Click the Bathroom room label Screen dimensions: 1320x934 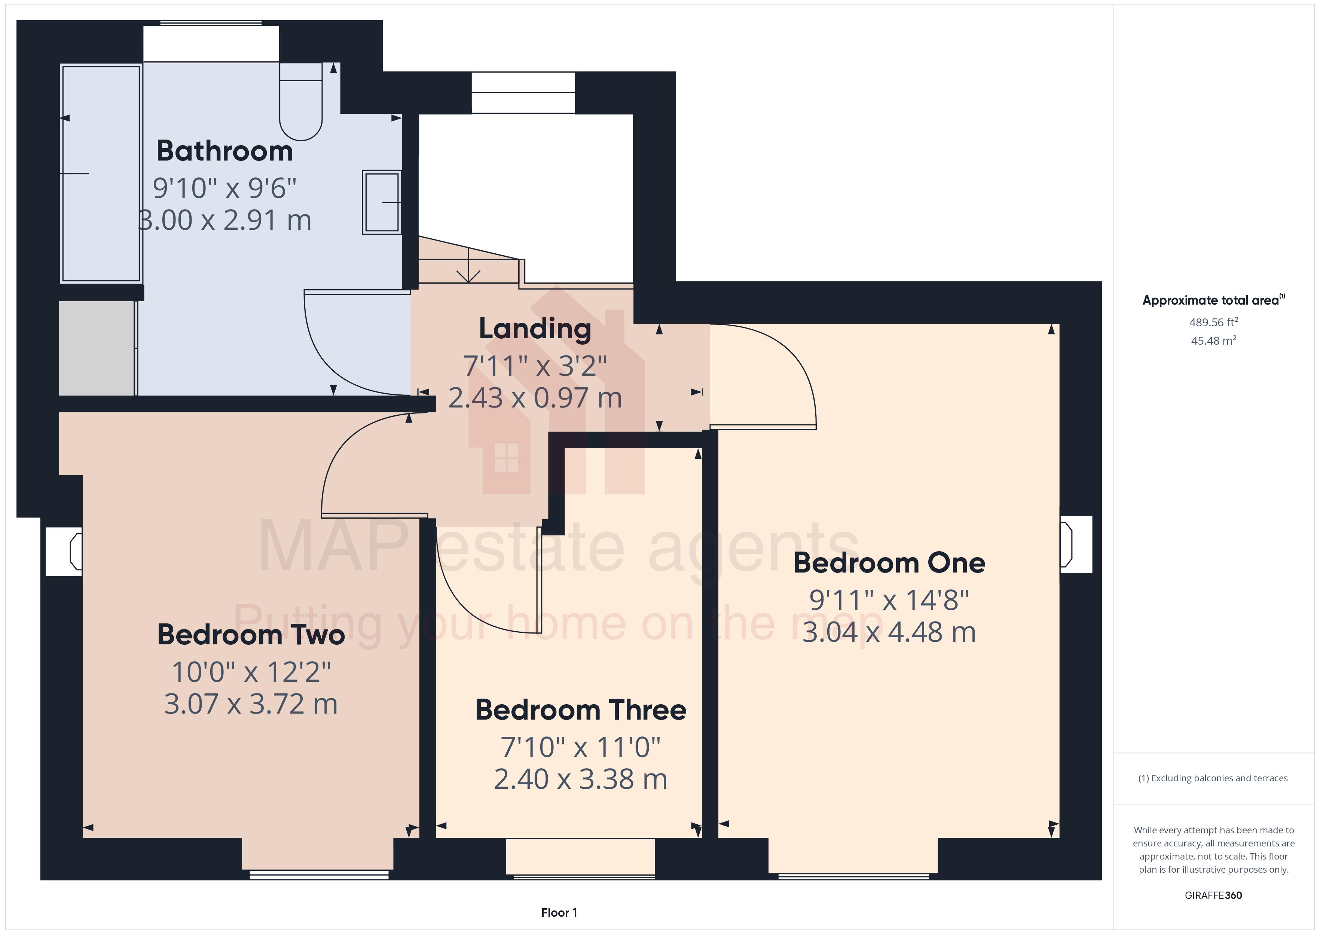pos(225,151)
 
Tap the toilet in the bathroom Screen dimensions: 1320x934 pos(301,102)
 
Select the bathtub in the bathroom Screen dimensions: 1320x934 pos(101,173)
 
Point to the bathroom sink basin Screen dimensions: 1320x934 pos(382,202)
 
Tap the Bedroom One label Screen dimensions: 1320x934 pos(889,563)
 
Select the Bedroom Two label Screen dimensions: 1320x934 pos(251,635)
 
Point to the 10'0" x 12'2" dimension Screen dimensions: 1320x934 pos(251,672)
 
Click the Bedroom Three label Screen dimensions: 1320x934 pos(581,710)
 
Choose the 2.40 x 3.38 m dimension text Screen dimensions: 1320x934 pos(581,780)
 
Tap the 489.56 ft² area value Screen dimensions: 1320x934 pos(1214,322)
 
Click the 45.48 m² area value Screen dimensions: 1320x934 pos(1214,341)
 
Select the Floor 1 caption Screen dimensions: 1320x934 pos(559,913)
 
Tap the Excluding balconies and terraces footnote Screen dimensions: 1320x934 pos(1213,778)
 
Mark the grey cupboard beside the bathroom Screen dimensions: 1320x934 pos(97,348)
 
